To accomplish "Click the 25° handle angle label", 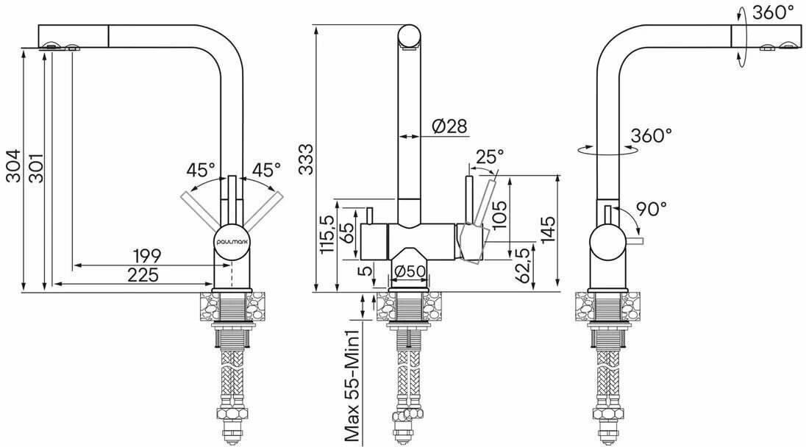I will point(490,157).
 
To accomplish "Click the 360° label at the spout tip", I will point(773,12).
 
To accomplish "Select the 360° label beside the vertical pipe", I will point(652,135).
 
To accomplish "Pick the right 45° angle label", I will point(266,170).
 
